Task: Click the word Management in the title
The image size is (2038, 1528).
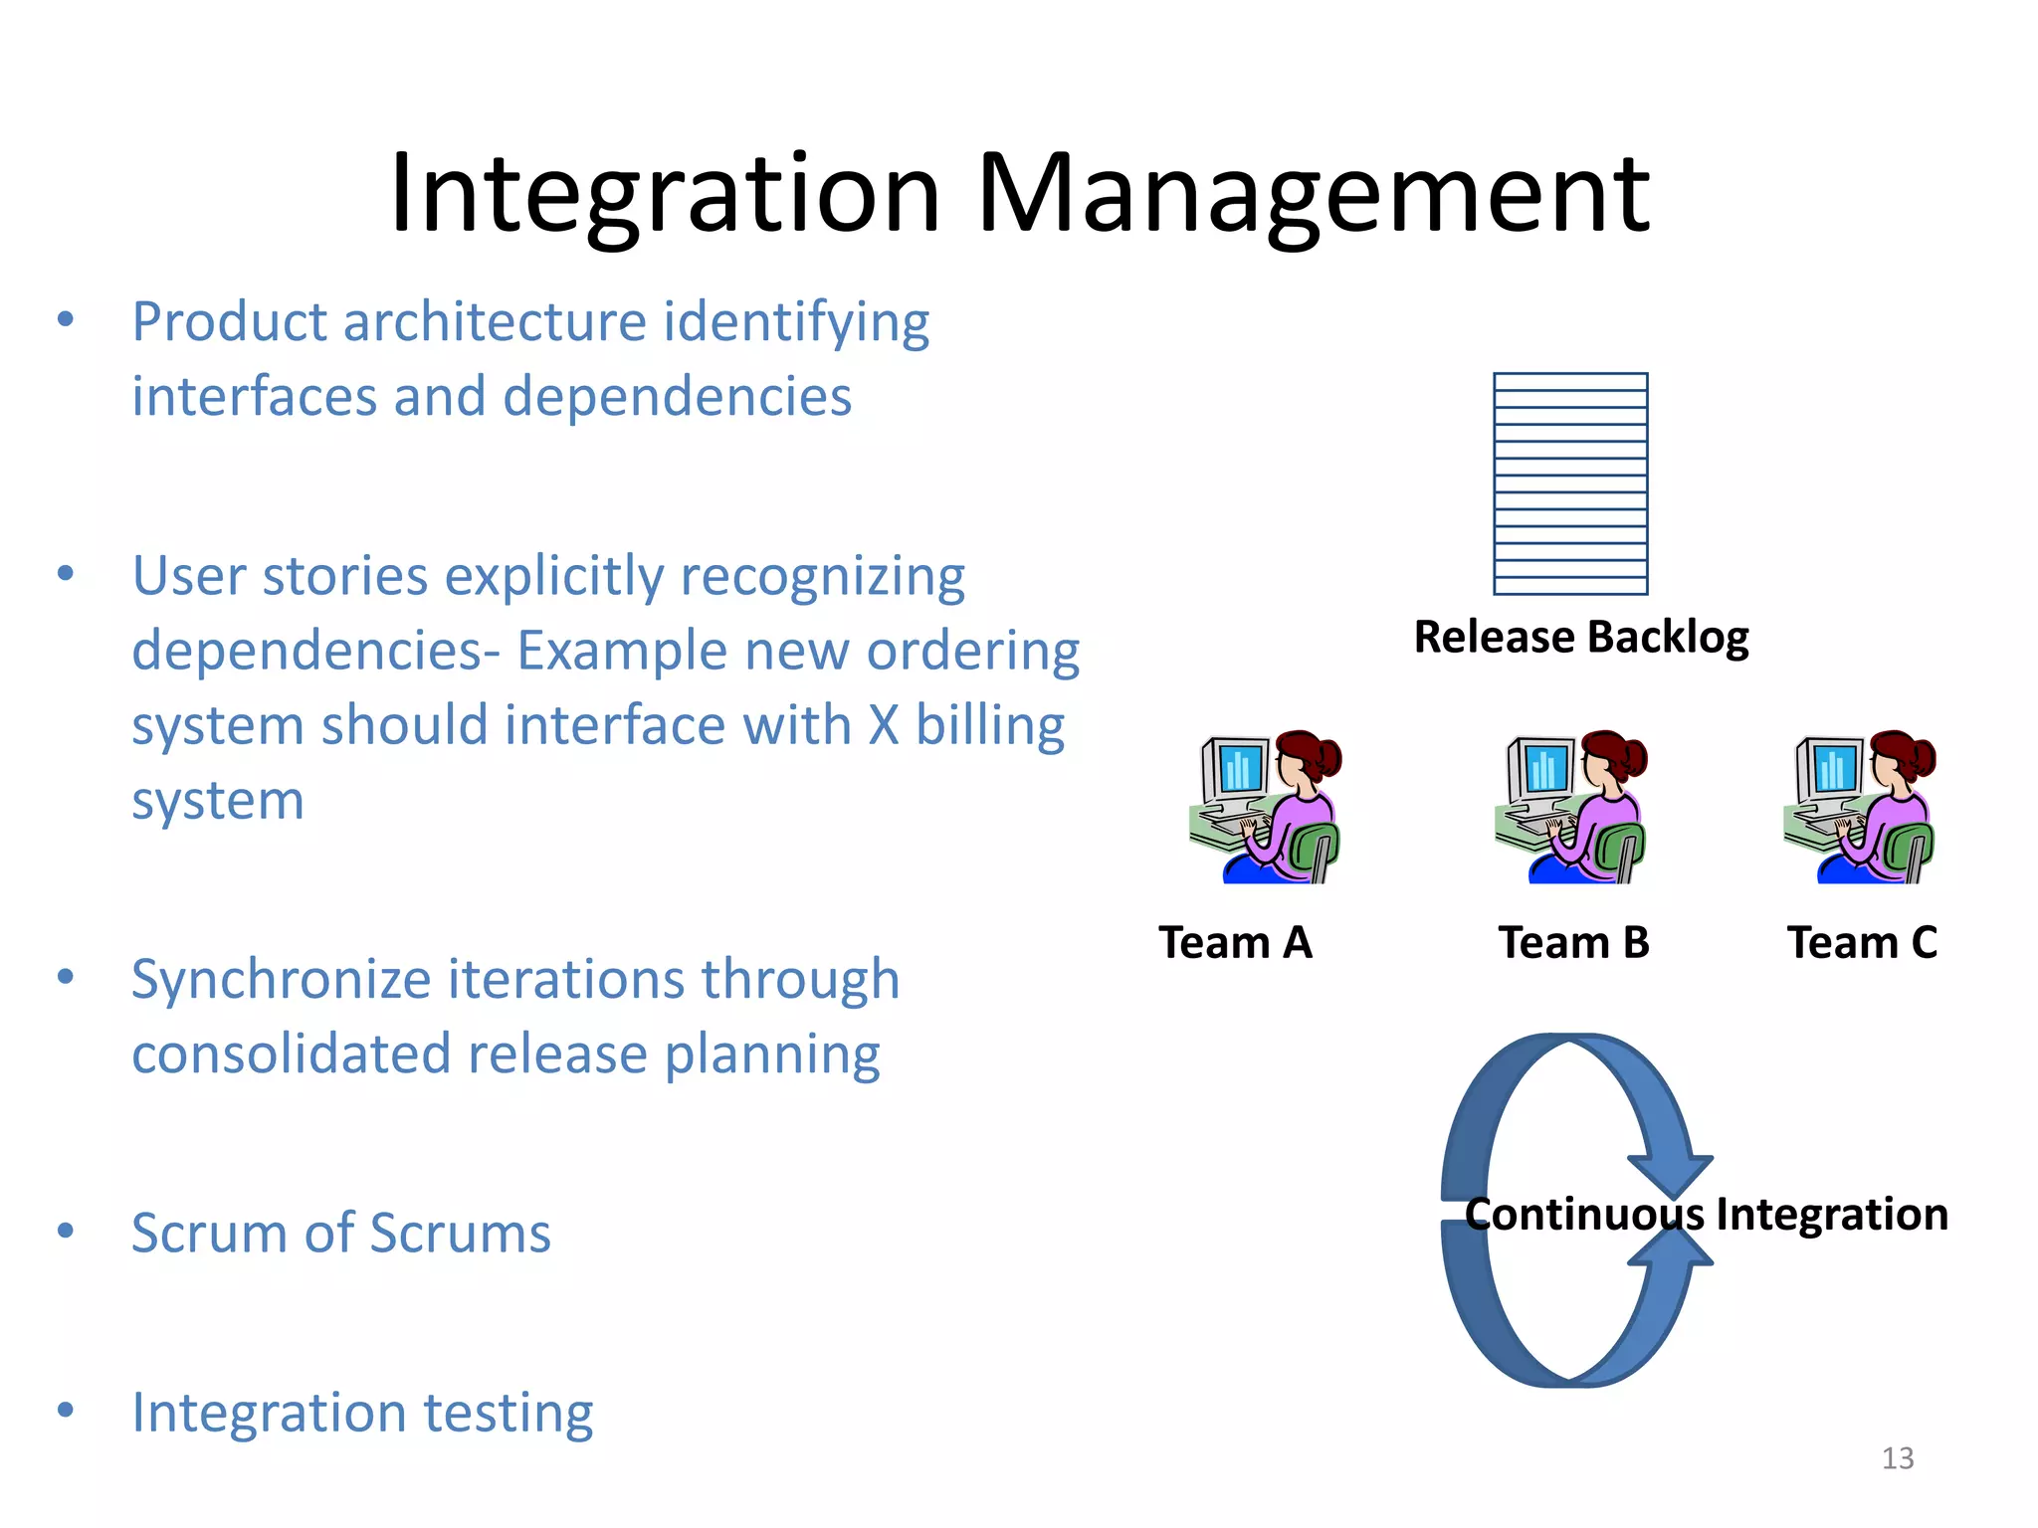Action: point(1314,194)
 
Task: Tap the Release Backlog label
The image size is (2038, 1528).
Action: point(1580,637)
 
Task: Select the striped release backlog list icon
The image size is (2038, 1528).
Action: point(1570,483)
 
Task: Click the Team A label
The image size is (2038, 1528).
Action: point(1235,942)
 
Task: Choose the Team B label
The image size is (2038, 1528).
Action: point(1573,942)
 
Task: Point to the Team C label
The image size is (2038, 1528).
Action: point(1862,942)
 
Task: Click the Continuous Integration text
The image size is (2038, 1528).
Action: point(1706,1215)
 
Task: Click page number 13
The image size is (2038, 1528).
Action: point(1897,1458)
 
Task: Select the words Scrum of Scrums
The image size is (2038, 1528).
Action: point(340,1234)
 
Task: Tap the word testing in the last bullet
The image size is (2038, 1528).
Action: point(508,1414)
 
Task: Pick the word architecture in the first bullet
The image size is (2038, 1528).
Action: point(495,322)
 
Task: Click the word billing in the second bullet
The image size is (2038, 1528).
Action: point(989,725)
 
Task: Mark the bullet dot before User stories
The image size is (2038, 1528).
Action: point(66,573)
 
